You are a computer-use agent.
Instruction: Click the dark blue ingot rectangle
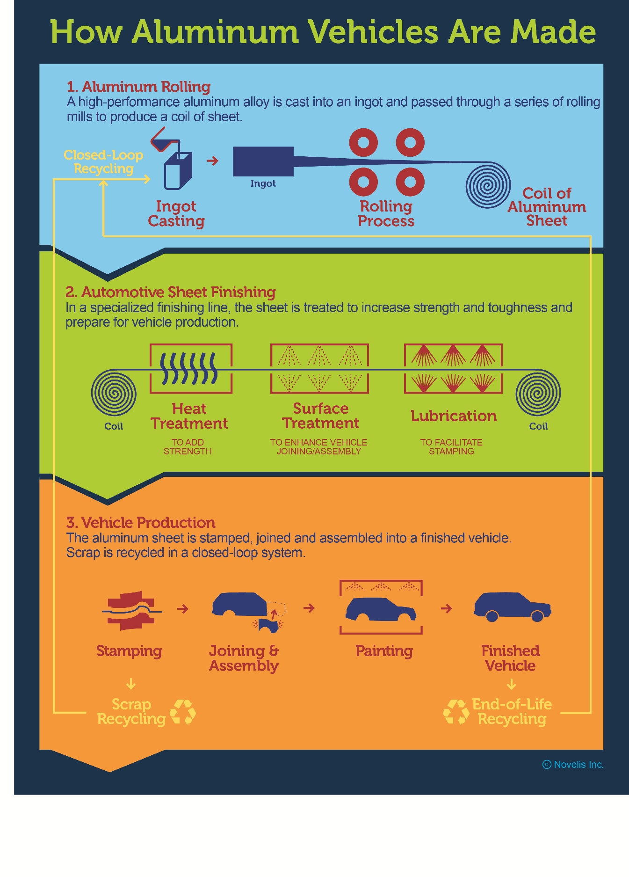[x=263, y=161]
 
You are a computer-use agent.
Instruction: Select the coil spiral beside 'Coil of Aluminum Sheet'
[x=488, y=185]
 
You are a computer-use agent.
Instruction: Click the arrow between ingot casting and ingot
[x=213, y=161]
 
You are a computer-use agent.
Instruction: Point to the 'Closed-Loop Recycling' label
[x=103, y=161]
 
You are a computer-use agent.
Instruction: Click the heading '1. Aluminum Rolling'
[x=138, y=87]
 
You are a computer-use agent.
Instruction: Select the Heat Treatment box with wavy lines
[x=191, y=369]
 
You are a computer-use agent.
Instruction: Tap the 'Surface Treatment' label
[x=321, y=416]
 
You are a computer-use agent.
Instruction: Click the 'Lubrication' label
[x=454, y=416]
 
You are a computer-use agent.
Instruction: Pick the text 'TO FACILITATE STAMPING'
[x=451, y=446]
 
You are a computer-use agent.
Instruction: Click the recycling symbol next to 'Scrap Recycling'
[x=183, y=712]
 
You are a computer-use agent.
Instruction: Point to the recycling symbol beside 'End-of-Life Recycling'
[x=456, y=712]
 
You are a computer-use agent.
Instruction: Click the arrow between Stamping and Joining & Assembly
[x=183, y=609]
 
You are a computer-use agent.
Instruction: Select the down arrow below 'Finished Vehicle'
[x=512, y=684]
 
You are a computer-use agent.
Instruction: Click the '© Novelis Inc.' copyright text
[x=573, y=764]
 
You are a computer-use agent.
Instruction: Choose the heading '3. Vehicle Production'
[x=141, y=522]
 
